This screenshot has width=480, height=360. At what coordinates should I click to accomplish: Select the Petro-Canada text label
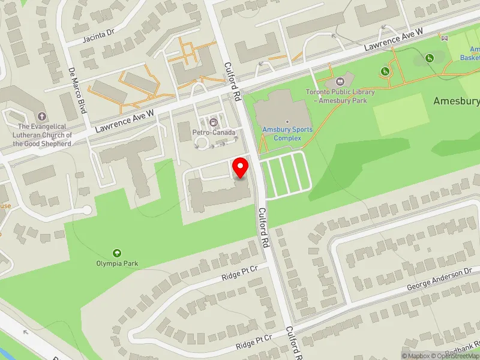pos(214,132)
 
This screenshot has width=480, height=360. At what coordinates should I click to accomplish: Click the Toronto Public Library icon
pos(340,81)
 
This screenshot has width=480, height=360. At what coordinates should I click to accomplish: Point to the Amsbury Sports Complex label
pos(287,134)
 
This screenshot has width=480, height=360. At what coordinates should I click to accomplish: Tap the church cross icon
pos(41,116)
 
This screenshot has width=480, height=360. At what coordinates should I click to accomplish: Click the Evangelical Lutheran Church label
pos(44,135)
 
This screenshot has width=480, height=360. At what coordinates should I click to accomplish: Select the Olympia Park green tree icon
pos(116,253)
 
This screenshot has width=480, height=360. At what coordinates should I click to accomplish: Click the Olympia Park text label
pos(116,263)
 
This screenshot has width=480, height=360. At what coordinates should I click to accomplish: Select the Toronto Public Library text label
pos(340,96)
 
